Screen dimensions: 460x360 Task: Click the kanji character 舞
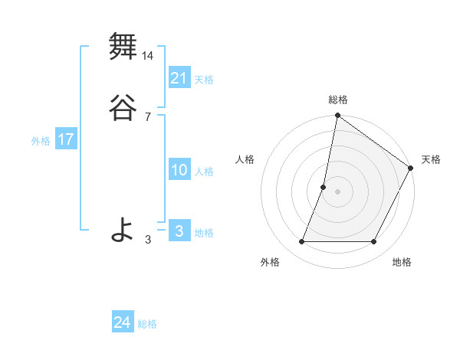122,47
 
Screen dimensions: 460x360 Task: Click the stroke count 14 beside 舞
148,56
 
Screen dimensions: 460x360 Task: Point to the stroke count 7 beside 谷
148,117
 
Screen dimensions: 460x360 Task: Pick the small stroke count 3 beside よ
148,240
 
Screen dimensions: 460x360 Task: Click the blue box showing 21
179,77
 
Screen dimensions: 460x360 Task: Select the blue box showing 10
179,170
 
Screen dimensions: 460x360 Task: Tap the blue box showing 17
65,139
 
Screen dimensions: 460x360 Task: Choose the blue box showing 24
122,322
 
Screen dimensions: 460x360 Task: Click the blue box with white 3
179,231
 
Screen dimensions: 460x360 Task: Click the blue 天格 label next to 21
204,80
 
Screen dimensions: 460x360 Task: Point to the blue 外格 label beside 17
41,141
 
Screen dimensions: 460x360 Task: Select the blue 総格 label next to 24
147,324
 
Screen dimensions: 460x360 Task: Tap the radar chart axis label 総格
338,100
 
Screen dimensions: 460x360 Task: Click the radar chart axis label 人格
245,159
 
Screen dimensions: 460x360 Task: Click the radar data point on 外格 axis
301,242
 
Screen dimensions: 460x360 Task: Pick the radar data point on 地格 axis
374,242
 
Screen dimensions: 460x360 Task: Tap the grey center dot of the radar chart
338,191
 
